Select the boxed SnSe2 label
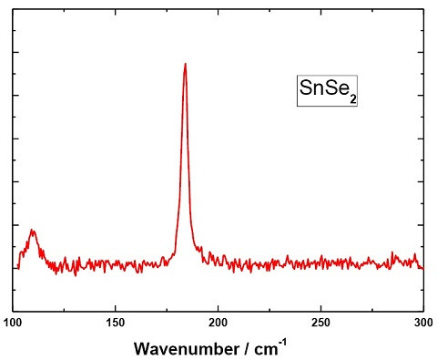pos(323,90)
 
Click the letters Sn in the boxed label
pos(310,89)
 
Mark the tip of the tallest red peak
pos(185,64)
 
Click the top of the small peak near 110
pos(33,230)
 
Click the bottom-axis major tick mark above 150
pos(116,308)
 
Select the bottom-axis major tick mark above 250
pos(321,308)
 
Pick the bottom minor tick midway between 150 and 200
pos(167,310)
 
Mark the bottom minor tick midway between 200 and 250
pos(269,310)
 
